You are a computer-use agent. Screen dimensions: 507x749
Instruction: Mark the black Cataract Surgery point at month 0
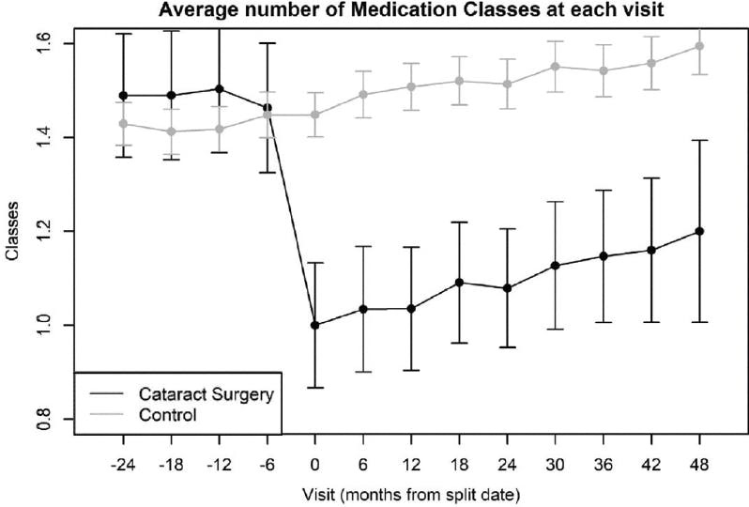click(x=315, y=325)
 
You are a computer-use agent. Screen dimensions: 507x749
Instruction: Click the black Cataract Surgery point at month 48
click(x=699, y=231)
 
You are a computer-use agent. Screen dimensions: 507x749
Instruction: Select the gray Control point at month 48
click(x=699, y=46)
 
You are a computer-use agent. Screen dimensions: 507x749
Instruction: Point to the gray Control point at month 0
click(x=315, y=115)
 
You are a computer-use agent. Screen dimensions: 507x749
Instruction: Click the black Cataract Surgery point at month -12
click(x=219, y=89)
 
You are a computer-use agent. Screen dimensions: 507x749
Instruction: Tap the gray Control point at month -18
click(x=171, y=131)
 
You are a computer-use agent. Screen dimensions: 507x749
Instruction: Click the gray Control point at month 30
click(x=556, y=67)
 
